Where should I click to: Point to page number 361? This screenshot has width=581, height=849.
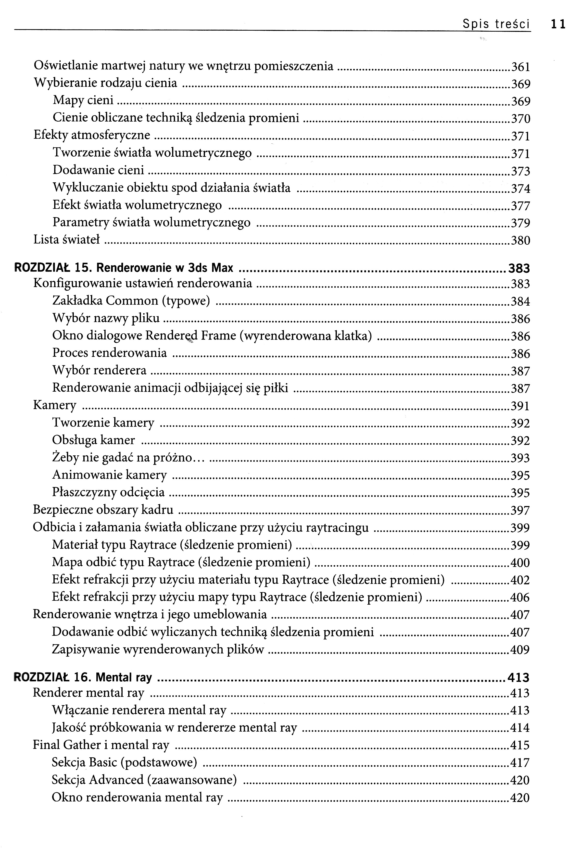[x=520, y=67]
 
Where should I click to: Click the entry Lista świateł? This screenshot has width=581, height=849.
[x=66, y=240]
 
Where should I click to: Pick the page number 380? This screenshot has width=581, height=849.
[x=520, y=240]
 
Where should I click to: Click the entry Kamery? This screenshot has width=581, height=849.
[x=55, y=405]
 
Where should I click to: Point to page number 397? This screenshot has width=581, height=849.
[x=520, y=510]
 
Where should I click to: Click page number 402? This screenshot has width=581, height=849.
[x=520, y=580]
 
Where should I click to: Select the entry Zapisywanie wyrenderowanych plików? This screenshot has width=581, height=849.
[x=158, y=649]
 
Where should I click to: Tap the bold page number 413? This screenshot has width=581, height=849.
[x=518, y=678]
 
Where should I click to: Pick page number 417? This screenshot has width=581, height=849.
[x=520, y=763]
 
